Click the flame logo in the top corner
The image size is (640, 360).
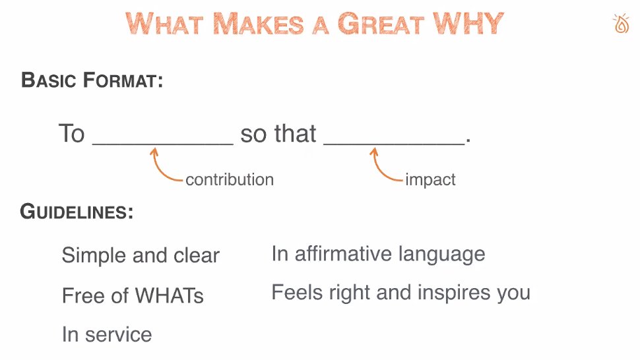coord(622,24)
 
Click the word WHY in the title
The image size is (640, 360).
coord(468,24)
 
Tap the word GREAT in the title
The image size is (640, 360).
coord(381,24)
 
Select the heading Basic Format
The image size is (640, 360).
coord(92,80)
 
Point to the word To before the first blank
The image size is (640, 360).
coord(72,133)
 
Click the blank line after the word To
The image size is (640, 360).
coord(163,144)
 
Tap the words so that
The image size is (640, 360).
coord(278,133)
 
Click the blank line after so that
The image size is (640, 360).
coord(394,144)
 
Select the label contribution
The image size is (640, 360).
coord(230,180)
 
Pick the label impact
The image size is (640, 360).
coord(430,180)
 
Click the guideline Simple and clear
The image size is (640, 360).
coord(141,256)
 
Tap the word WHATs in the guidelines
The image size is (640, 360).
coord(169,295)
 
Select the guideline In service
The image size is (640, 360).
coord(107,334)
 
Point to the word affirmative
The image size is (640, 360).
coord(343,254)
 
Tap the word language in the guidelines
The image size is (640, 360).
coord(442,255)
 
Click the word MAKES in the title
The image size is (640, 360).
coord(259,24)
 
